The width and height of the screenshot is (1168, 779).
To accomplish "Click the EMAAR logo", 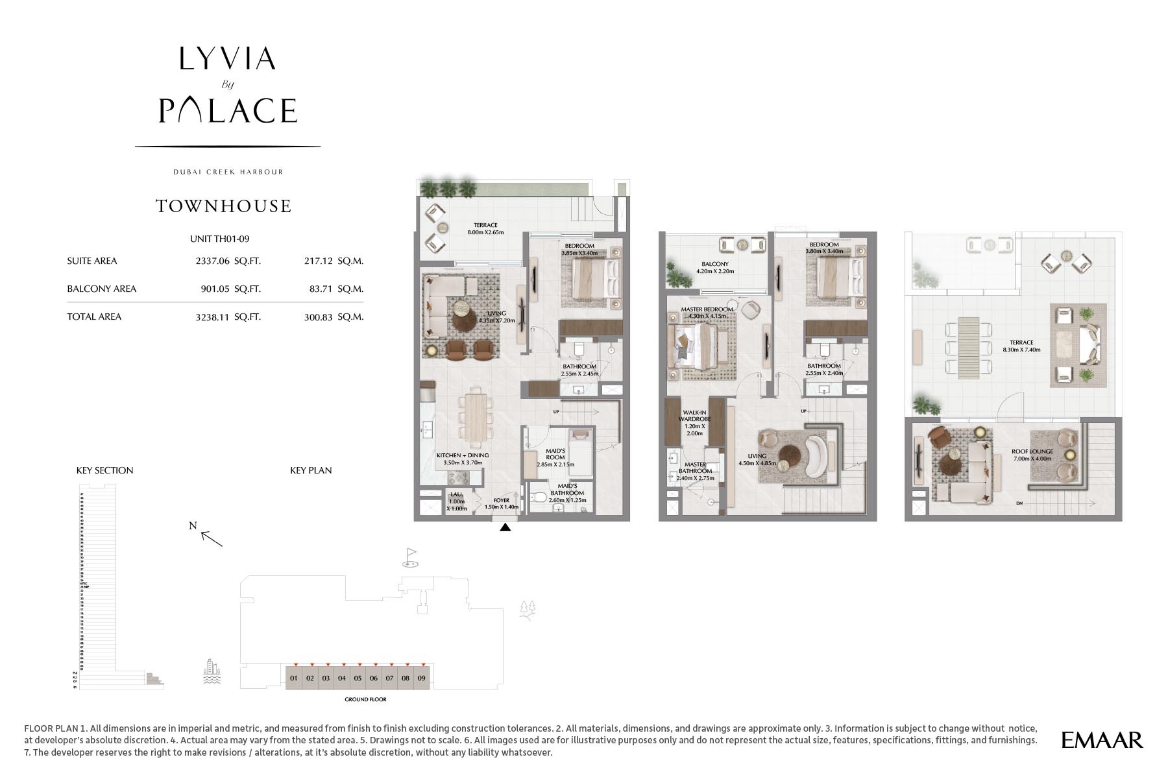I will pyautogui.click(x=1102, y=739).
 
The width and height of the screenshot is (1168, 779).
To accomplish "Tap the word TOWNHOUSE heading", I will pyautogui.click(x=224, y=206).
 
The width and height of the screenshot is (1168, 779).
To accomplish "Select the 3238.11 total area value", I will pyautogui.click(x=212, y=317).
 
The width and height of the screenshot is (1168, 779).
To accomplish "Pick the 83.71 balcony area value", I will pyautogui.click(x=321, y=289).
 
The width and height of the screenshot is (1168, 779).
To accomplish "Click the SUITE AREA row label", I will pyautogui.click(x=92, y=261).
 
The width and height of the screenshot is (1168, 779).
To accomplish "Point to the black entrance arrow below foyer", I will pyautogui.click(x=505, y=528).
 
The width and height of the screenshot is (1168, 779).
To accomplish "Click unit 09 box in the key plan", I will pyautogui.click(x=422, y=678).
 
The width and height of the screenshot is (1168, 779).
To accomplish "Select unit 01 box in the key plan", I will pyautogui.click(x=294, y=678).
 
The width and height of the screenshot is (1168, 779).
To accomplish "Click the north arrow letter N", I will pyautogui.click(x=193, y=526).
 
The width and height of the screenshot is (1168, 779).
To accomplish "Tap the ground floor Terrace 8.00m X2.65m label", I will pyautogui.click(x=485, y=228).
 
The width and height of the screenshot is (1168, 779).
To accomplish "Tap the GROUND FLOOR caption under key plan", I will pyautogui.click(x=366, y=699).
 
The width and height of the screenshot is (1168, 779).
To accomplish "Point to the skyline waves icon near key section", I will pyautogui.click(x=212, y=672).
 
